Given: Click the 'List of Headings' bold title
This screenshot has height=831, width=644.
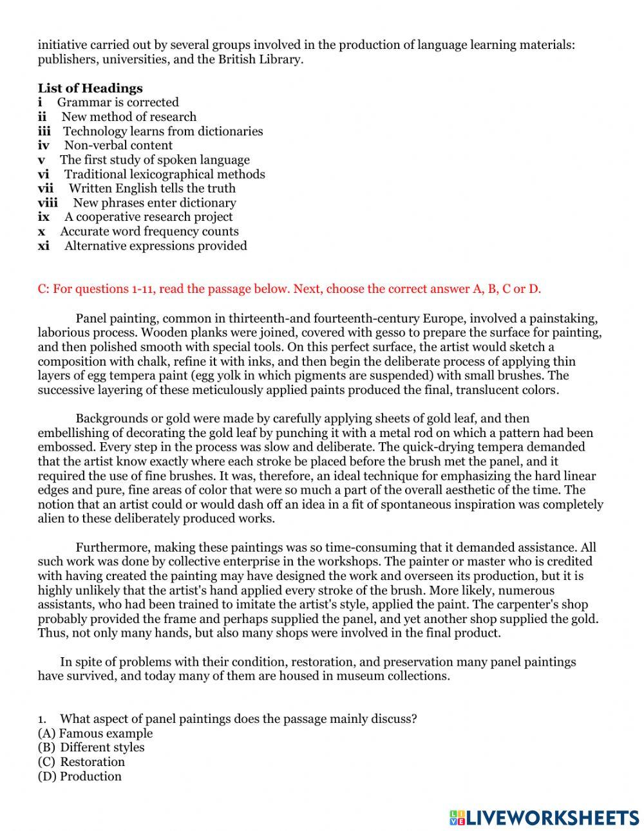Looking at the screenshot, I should point(90,88).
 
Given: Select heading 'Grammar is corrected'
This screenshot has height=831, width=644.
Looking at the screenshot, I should point(118,102).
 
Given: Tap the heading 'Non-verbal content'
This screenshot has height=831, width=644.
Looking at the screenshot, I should point(118,145).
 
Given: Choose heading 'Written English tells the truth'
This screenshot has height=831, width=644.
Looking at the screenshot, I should point(152,189).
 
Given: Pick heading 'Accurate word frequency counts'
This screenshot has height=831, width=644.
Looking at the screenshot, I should point(149,232).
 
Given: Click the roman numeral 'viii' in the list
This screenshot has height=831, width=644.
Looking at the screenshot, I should point(47,203).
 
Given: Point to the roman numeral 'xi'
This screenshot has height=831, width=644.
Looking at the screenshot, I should point(43,246).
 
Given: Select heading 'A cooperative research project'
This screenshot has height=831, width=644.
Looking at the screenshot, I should point(148,217).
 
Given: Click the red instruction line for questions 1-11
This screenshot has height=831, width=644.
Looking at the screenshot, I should point(289,289).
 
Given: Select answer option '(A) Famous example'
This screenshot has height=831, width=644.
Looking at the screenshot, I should point(95,733).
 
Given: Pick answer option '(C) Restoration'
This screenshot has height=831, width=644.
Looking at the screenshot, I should point(81,762).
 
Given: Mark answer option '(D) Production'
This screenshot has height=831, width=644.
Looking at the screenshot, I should point(79,776).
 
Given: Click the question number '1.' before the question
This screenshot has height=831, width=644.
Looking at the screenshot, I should point(43,719).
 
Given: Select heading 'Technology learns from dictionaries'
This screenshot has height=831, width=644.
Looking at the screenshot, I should point(163,131).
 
